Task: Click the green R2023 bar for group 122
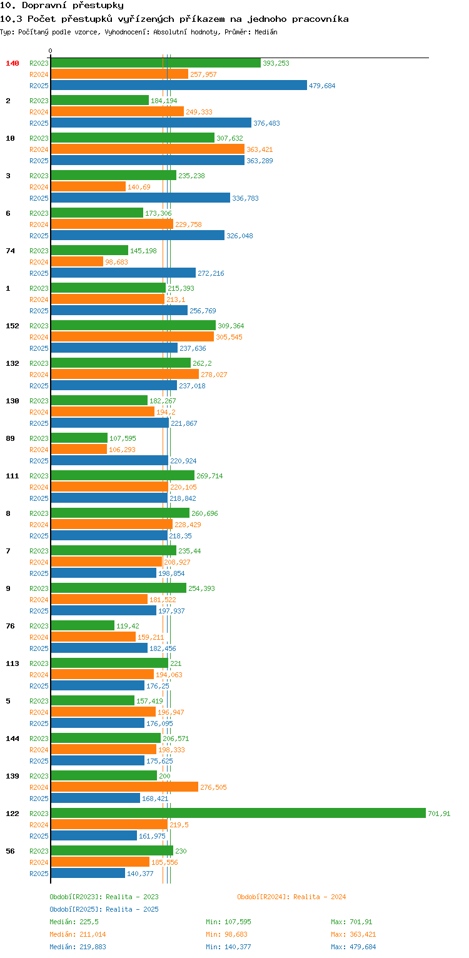point(238,813)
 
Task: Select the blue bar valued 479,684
point(179,85)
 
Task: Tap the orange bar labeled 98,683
point(77,261)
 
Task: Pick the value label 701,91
point(438,814)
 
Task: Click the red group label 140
point(13,63)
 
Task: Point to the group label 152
point(13,326)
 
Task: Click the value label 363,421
point(260,149)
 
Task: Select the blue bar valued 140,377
point(88,873)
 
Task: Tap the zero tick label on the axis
point(51,51)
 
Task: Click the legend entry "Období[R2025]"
point(76,909)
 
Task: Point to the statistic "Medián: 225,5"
point(74,922)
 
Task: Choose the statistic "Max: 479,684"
point(353,947)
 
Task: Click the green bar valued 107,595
point(79,438)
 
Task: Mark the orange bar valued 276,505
point(124,787)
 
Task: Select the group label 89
point(10,438)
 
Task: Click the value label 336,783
point(245,198)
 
